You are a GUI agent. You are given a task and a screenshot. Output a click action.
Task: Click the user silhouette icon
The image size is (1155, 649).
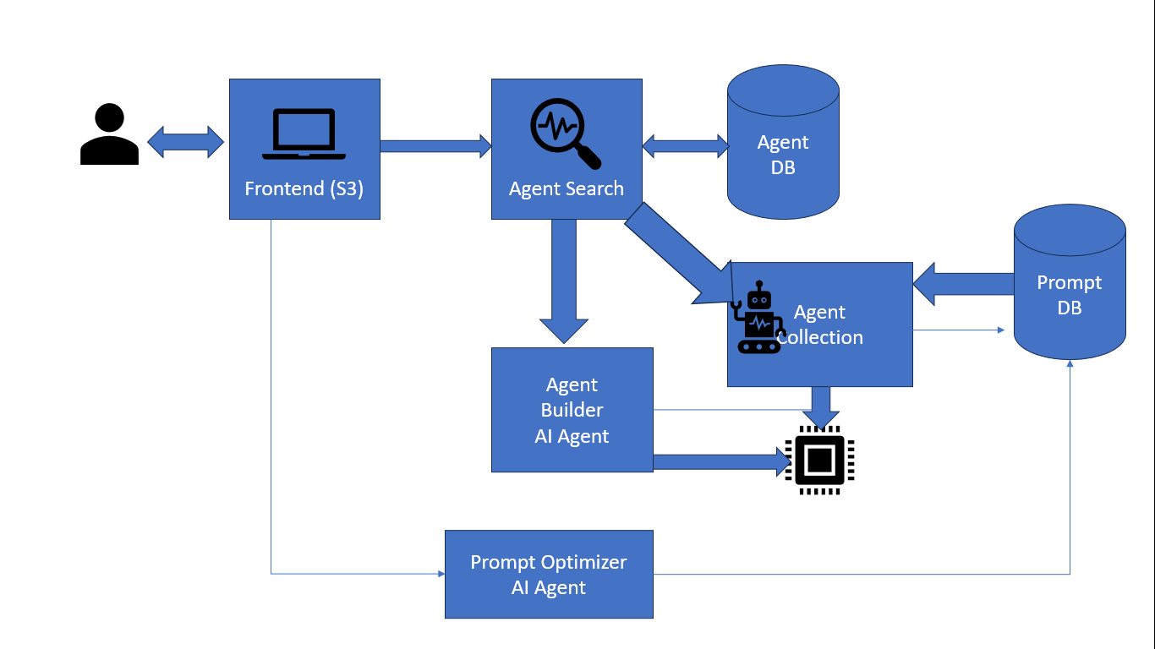coord(109,134)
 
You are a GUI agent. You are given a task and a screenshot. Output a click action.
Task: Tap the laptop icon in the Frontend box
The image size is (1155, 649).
coord(304,134)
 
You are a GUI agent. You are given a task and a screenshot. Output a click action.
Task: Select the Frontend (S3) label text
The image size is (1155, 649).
coord(304,188)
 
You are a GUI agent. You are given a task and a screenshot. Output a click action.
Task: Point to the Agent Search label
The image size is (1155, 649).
coord(566,188)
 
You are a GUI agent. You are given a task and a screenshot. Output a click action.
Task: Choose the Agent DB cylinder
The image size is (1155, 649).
coord(783,143)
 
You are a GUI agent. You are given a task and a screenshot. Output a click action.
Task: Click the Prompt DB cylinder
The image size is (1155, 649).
coord(1070,283)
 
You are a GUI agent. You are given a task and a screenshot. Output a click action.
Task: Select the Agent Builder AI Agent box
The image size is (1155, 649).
coord(572,410)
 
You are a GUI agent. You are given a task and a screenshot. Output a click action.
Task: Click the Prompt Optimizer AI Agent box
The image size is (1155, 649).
coord(549,575)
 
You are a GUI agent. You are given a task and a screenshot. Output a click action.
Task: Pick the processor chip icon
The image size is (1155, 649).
coord(818,461)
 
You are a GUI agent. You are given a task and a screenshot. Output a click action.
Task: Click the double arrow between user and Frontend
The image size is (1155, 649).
coord(185,142)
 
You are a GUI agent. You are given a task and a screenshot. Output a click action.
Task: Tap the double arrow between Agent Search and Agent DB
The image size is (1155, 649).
coord(685,145)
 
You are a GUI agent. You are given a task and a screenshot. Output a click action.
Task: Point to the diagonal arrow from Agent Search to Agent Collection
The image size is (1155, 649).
coord(676,254)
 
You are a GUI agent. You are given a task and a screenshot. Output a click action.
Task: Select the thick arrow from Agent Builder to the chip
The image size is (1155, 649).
coord(719,461)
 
